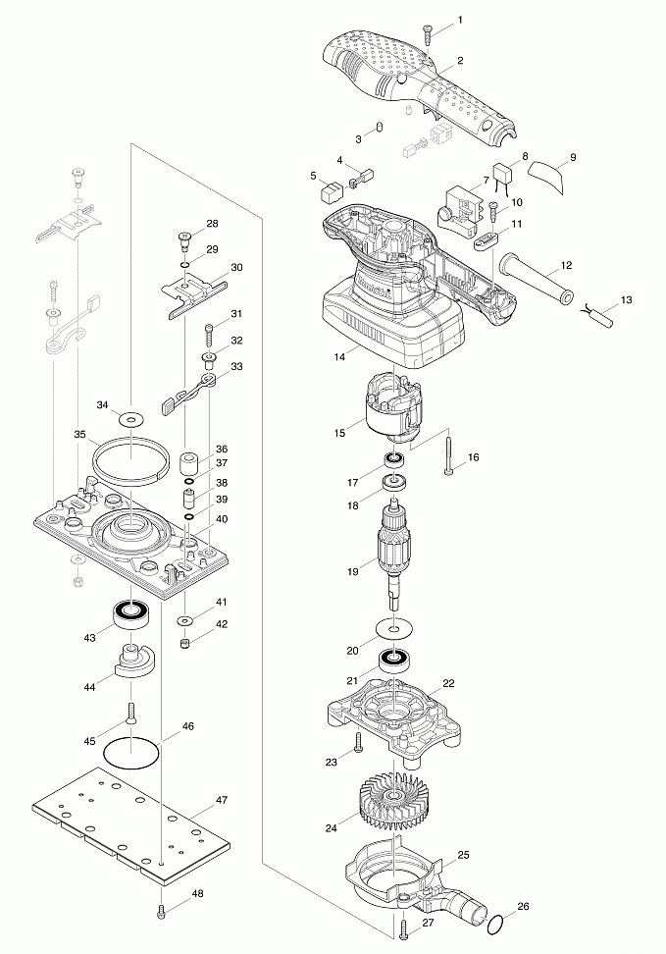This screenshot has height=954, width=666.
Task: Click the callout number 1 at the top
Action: [x=460, y=20]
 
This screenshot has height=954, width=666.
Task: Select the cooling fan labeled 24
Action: [x=390, y=798]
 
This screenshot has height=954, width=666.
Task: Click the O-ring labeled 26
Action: [x=496, y=924]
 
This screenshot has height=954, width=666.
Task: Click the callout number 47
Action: [x=222, y=800]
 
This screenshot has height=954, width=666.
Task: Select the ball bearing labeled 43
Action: [x=128, y=613]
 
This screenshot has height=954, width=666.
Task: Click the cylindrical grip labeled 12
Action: [x=536, y=278]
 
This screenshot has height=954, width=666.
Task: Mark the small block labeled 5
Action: [x=332, y=193]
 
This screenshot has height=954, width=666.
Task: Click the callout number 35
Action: [x=79, y=433]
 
